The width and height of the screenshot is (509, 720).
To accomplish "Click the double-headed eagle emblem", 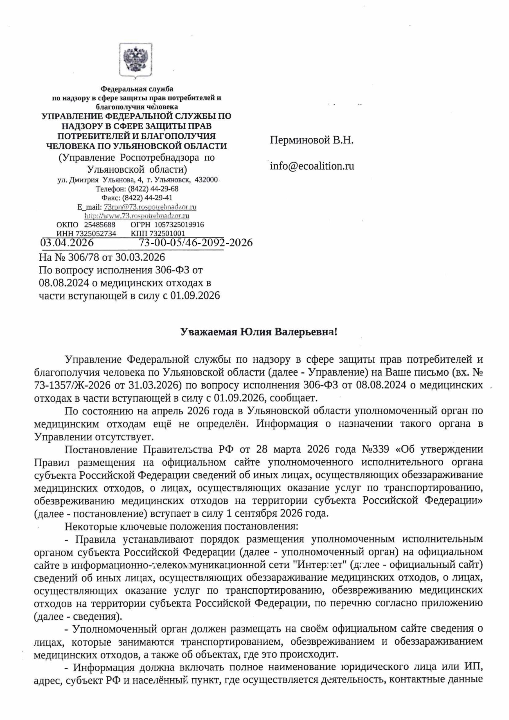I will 136,60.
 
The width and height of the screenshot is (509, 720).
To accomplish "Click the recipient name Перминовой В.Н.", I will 311,140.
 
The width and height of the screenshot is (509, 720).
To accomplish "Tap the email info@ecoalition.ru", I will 312,166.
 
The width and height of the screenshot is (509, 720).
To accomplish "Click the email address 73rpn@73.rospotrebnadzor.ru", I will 150,207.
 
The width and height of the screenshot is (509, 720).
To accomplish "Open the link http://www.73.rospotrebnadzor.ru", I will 137,216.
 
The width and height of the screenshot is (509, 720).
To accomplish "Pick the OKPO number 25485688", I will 100,225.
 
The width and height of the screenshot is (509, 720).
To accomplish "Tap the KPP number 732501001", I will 167,234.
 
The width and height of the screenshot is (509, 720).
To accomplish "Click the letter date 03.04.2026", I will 67,243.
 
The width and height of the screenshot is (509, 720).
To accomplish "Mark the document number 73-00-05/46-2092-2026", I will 195,243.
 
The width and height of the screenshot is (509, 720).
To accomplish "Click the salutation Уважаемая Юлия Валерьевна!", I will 258,332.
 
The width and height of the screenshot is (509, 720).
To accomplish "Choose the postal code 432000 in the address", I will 206,180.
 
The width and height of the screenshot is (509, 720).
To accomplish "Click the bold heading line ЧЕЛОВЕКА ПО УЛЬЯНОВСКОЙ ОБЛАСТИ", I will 136,146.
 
